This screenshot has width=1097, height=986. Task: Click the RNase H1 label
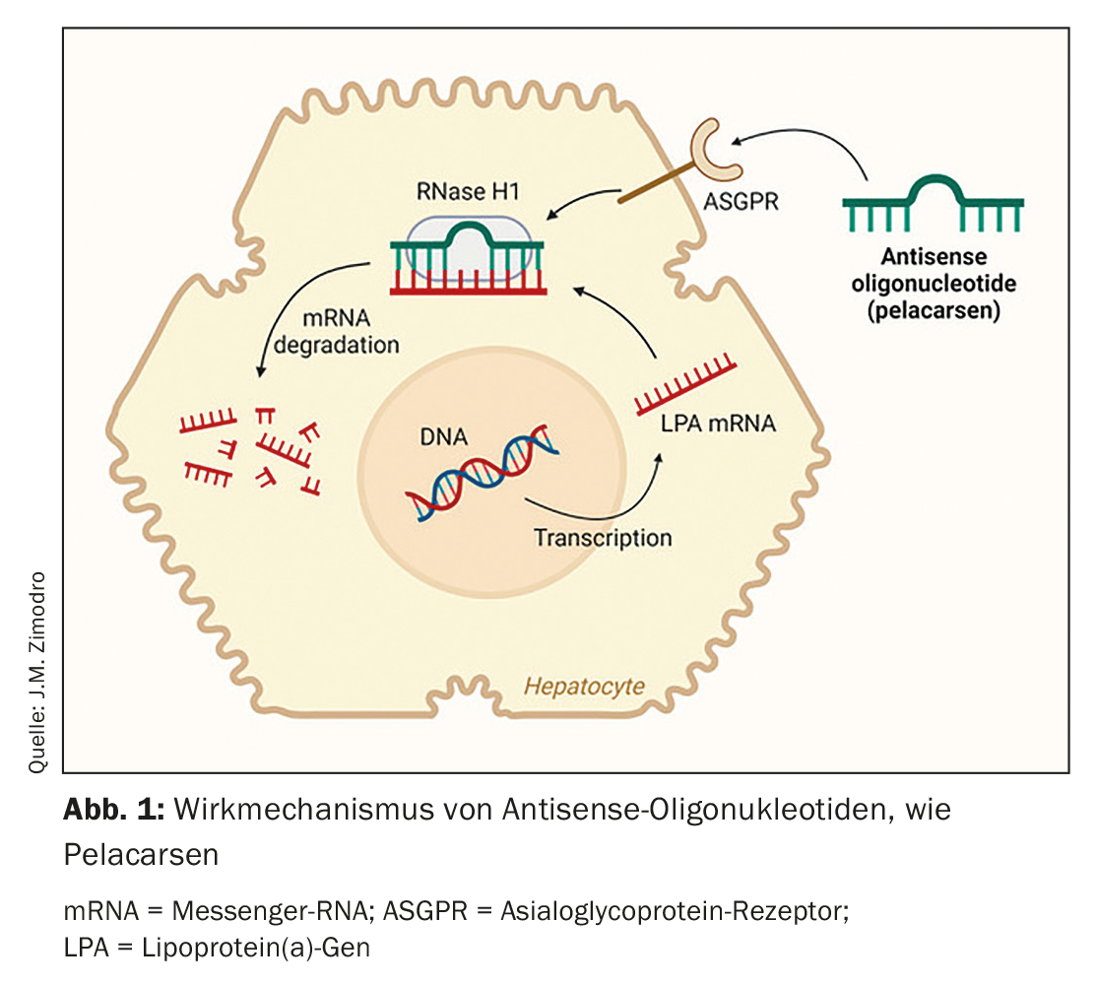[468, 191]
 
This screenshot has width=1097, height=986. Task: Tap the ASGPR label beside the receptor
[741, 202]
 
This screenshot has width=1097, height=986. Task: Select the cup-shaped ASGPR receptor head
[711, 150]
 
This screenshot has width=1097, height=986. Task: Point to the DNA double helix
[483, 473]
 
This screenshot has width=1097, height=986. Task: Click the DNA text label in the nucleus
[443, 436]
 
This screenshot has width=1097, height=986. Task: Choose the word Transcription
[603, 538]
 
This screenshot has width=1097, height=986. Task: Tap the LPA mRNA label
[719, 424]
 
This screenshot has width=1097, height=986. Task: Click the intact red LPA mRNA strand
[685, 384]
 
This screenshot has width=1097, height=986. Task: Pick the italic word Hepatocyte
[584, 687]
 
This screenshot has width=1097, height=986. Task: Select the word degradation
[337, 345]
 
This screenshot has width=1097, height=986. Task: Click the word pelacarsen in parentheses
[934, 310]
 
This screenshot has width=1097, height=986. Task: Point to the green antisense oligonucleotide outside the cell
[934, 204]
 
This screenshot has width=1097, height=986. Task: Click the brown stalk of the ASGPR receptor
[657, 183]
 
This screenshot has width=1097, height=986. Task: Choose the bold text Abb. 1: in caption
[114, 809]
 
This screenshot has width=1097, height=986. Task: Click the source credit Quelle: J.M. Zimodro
[37, 673]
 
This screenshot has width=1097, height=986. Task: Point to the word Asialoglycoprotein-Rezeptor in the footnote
[675, 911]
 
